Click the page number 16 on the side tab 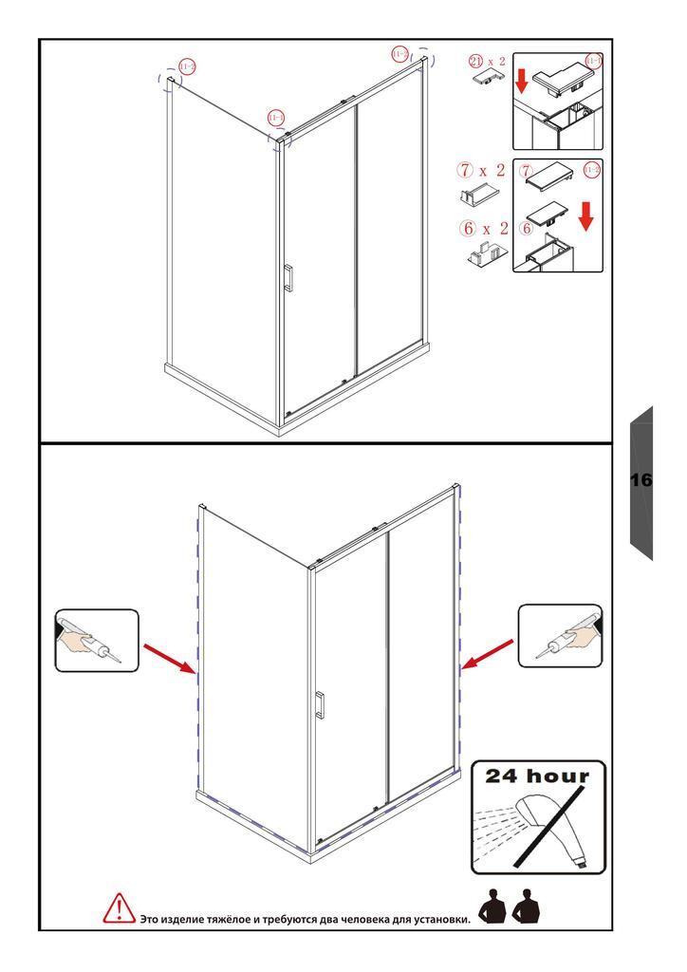click(641, 480)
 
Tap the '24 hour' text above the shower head click(538, 776)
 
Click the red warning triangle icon click(118, 908)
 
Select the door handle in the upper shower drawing click(288, 277)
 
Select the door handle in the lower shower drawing click(321, 706)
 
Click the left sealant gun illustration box click(97, 641)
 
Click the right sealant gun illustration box click(560, 636)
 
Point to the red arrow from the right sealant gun click(488, 654)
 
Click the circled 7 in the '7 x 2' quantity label click(465, 171)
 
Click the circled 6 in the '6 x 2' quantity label click(466, 229)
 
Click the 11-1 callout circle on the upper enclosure click(275, 118)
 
